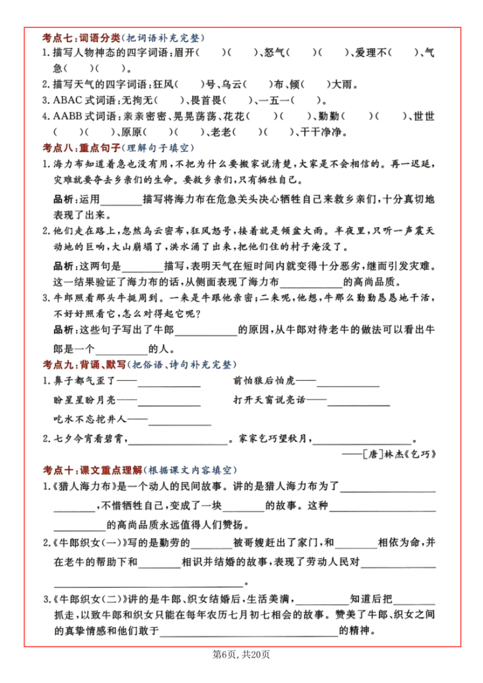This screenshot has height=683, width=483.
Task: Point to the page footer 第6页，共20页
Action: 241,655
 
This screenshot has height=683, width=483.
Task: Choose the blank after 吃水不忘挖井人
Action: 179,421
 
